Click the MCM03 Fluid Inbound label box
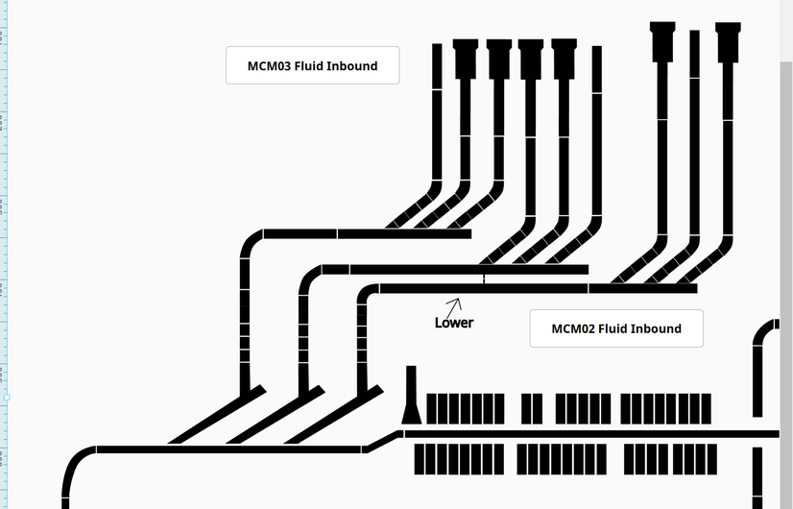point(312,65)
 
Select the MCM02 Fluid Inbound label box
point(616,328)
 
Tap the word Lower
point(454,323)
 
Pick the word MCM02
point(572,328)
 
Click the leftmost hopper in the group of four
point(466,56)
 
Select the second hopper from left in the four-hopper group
point(499,56)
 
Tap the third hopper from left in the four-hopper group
point(531,56)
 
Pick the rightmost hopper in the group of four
point(565,56)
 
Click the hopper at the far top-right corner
point(729,40)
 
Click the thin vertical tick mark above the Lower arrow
point(484,279)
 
